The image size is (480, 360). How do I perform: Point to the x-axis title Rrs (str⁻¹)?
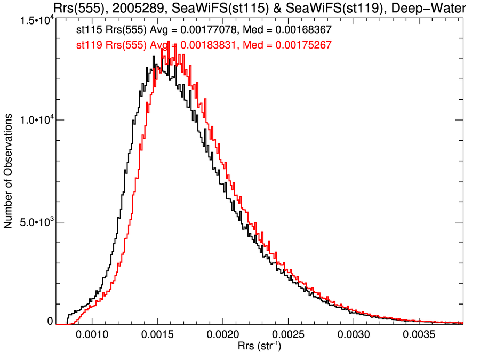259,347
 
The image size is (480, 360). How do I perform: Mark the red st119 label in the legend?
89,45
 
